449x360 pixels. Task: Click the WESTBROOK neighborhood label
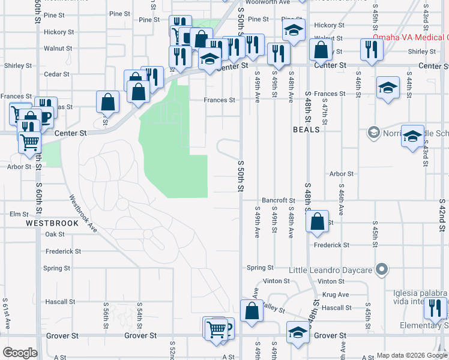pyautogui.click(x=52, y=223)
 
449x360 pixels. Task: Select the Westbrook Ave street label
pyautogui.click(x=83, y=212)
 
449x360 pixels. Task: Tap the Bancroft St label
pyautogui.click(x=279, y=200)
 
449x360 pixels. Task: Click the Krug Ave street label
pyautogui.click(x=336, y=295)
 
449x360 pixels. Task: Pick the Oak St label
pyautogui.click(x=55, y=234)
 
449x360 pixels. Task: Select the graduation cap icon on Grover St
pyautogui.click(x=298, y=332)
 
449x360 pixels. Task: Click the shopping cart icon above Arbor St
pyautogui.click(x=30, y=142)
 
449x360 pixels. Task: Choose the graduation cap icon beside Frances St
pyautogui.click(x=388, y=87)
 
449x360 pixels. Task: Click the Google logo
pyautogui.click(x=20, y=353)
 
